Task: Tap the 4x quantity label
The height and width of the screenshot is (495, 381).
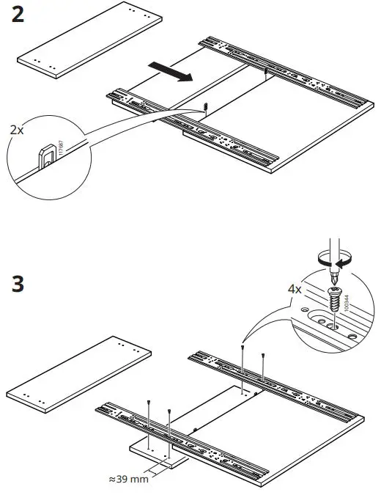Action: pyautogui.click(x=295, y=290)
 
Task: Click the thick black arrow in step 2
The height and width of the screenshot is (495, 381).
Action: pyautogui.click(x=169, y=72)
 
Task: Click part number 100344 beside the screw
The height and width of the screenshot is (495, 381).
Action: pyautogui.click(x=344, y=297)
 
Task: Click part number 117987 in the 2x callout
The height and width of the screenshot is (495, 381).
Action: pyautogui.click(x=61, y=152)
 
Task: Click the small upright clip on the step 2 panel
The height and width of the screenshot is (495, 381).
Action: pyautogui.click(x=207, y=106)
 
